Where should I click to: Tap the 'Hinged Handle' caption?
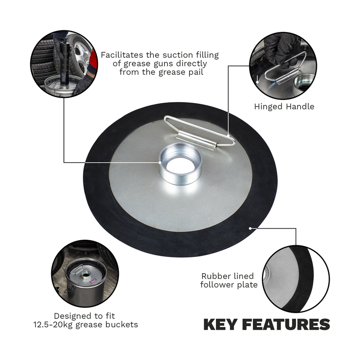pyautogui.click(x=284, y=107)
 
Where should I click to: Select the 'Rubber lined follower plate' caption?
pyautogui.click(x=227, y=280)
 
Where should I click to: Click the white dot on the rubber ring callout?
pyautogui.click(x=250, y=228)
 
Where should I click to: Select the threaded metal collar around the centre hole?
pyautogui.click(x=180, y=175)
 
